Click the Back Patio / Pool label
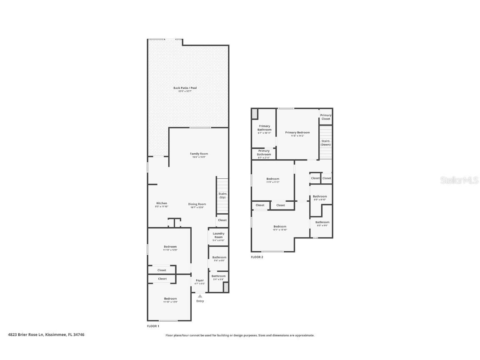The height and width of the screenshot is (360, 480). point(185,88)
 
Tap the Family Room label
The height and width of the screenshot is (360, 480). point(199,154)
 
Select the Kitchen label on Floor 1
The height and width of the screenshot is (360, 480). point(161,203)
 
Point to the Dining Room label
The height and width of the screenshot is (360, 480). point(197,204)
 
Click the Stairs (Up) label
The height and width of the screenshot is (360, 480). point(222,195)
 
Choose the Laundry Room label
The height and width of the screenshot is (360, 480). point(218,235)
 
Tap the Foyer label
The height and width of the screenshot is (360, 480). point(200,280)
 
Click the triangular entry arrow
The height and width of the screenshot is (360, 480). point(200,296)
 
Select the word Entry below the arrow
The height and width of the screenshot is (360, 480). point(200,301)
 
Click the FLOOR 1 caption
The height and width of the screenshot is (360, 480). point(153,326)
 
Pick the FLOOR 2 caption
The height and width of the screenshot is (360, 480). point(257,257)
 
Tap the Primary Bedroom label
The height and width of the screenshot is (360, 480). point(297,132)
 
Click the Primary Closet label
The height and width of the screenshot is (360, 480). point(326,117)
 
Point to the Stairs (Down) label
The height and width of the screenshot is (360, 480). point(326,142)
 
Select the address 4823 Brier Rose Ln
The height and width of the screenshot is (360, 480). point(46,334)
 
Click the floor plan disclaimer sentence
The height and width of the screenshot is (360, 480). point(240,335)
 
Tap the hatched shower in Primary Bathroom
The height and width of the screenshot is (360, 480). point(255,114)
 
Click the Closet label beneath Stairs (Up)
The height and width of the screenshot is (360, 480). point(222,220)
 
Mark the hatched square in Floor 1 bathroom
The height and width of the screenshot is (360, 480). point(226,287)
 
